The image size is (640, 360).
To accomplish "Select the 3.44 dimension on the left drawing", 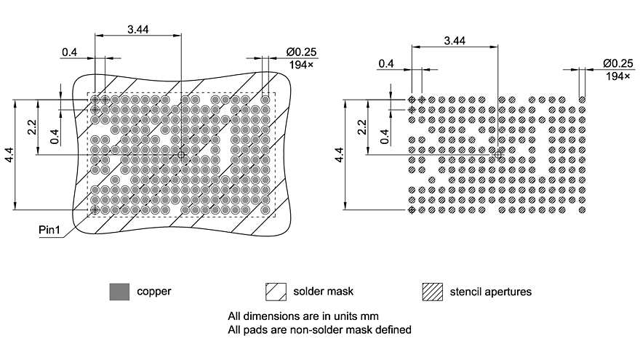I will pos(139,28).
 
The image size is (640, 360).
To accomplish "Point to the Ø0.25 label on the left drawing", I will pos(302,52).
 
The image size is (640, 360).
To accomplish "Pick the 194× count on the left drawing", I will pos(300,65).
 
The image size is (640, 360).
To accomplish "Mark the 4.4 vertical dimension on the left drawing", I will pos(9,154).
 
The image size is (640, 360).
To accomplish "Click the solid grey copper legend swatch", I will pos(119,292).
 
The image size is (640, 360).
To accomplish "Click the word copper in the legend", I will pos(154,292).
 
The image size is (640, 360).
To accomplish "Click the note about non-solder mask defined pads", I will pos(320,329).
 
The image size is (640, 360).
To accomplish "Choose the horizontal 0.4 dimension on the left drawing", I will pos(70,52).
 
